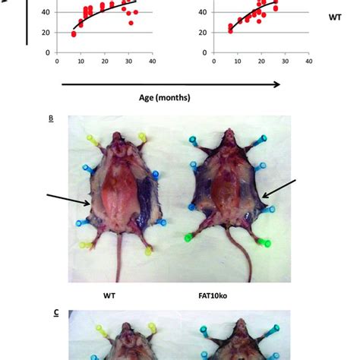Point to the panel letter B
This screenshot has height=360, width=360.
pyautogui.click(x=51, y=118)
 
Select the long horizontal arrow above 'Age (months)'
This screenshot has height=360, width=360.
pyautogui.click(x=167, y=84)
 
